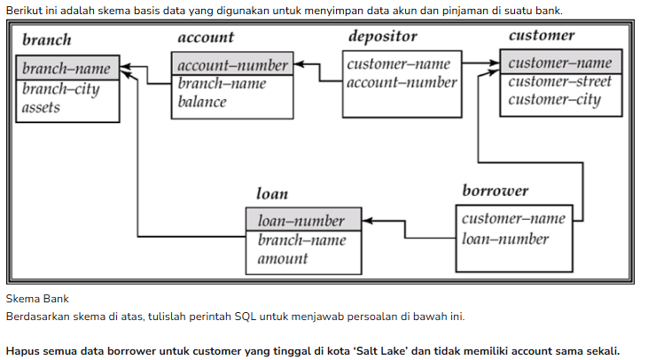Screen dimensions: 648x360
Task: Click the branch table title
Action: [x=47, y=40]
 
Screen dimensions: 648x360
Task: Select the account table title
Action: [x=206, y=37]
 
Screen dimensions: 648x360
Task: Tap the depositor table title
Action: [x=383, y=36]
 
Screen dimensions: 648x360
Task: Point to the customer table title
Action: [x=542, y=35]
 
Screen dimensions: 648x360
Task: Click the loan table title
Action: [x=272, y=193]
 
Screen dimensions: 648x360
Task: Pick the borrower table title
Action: [x=496, y=191]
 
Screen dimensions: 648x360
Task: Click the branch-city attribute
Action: [x=61, y=89]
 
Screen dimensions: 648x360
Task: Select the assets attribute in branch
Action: [x=41, y=107]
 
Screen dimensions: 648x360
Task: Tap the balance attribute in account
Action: [x=202, y=102]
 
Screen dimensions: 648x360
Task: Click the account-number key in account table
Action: [x=232, y=66]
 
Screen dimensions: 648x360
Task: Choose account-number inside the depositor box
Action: [x=402, y=82]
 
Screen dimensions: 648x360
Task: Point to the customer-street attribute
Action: [x=559, y=82]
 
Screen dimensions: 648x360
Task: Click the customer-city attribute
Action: [x=554, y=100]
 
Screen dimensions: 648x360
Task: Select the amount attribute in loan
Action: [x=283, y=259]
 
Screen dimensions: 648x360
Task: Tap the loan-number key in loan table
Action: [x=301, y=221]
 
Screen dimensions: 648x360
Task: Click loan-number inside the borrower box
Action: [x=505, y=239]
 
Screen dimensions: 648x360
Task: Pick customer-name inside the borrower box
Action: [x=513, y=218]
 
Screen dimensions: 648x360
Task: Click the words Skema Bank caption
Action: [x=37, y=299]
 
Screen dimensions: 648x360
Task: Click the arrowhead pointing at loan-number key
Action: [x=367, y=221]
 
